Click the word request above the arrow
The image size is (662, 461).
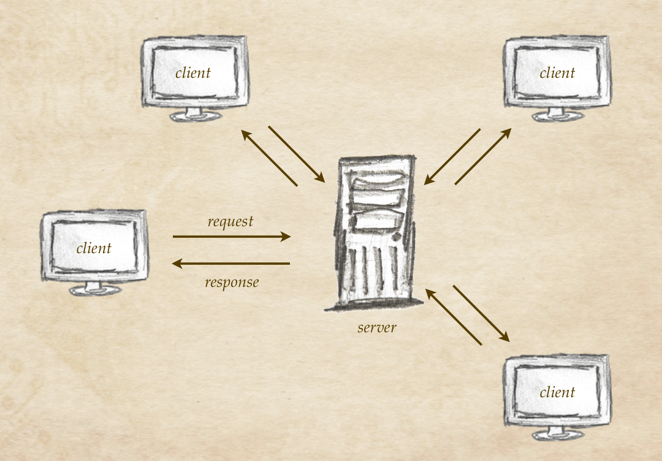point(230,221)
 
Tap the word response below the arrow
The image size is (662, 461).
point(232,283)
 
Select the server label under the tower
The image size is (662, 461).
point(377,327)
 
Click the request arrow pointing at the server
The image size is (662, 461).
point(231,236)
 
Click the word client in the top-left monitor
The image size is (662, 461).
point(193,73)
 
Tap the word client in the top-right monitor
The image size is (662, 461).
point(557,73)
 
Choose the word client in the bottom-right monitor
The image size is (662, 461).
point(557,392)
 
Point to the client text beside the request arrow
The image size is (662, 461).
point(94,248)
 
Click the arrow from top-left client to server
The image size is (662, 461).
point(297,154)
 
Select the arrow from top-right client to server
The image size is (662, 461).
point(452,156)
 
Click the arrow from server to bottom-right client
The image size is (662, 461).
point(481,313)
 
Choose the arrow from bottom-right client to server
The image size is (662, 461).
point(454,317)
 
